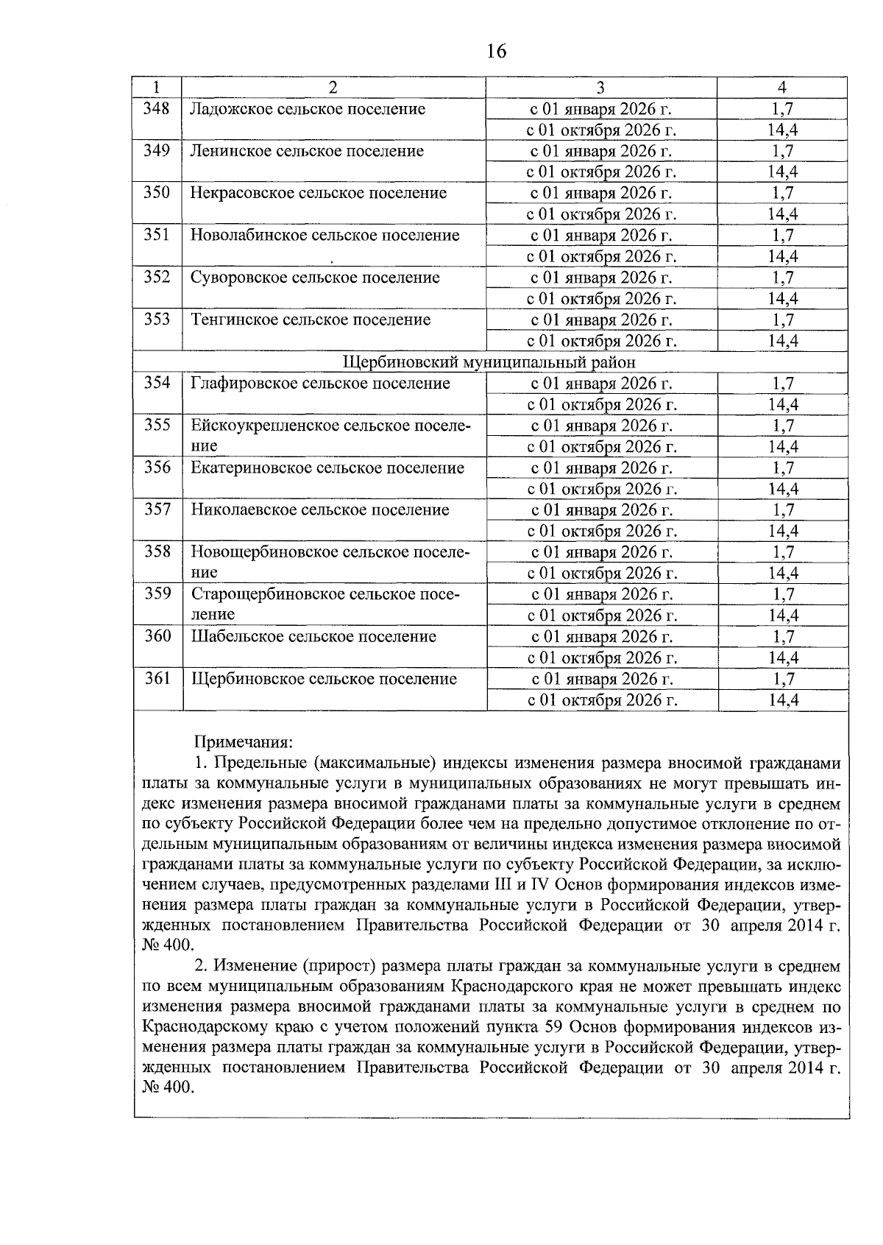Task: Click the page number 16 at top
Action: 496,51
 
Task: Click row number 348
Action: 157,109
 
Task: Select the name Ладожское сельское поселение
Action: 308,109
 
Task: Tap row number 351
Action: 157,235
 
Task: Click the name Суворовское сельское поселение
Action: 315,278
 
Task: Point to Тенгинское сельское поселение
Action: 311,320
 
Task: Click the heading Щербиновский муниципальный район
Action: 489,362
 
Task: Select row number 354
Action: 157,383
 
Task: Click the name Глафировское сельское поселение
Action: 320,383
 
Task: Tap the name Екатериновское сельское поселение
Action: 327,468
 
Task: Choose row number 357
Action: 157,509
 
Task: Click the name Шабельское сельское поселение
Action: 313,636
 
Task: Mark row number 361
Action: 157,678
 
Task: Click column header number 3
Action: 600,88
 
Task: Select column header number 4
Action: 782,88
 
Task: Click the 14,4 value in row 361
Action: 783,700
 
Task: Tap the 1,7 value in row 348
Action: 783,109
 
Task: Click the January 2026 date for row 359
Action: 601,594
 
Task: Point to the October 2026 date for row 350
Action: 601,214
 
